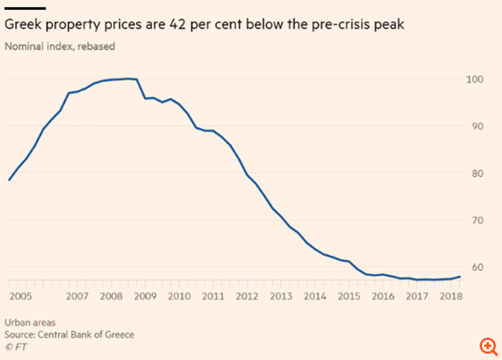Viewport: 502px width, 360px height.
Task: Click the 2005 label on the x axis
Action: click(20, 297)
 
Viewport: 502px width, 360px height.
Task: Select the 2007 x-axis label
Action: click(77, 297)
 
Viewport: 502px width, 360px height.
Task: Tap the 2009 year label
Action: click(144, 297)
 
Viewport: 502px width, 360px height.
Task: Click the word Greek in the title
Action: click(25, 25)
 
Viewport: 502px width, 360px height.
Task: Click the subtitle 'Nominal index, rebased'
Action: click(59, 46)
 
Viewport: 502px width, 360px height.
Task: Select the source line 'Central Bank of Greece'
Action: click(94, 334)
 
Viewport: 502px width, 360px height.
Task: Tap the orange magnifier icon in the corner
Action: click(487, 345)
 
